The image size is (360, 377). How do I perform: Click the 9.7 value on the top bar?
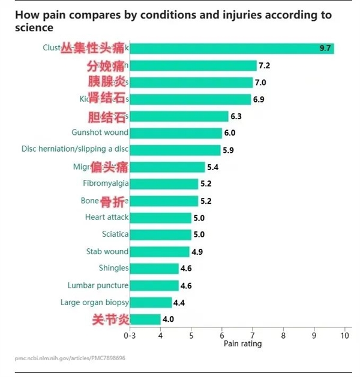(326, 49)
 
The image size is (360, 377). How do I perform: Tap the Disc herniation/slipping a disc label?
(75, 149)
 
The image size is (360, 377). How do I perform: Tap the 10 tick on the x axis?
(344, 336)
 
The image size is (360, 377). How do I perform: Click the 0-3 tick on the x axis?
(130, 336)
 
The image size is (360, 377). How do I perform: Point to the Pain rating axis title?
(242, 344)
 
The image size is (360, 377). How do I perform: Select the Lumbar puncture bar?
(154, 285)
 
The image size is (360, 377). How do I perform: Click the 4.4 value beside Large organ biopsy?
(179, 303)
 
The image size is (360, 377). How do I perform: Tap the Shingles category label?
(113, 268)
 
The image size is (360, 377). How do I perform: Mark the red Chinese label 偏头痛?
(110, 166)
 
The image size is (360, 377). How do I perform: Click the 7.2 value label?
(265, 65)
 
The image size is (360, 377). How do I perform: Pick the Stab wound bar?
(159, 251)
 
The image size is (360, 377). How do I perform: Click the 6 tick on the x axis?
(222, 336)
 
